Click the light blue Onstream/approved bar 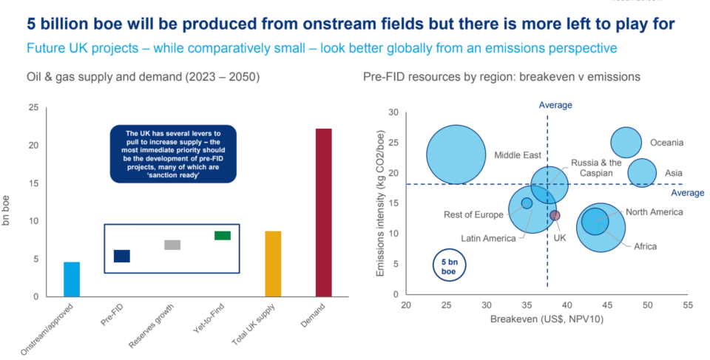pos(72,279)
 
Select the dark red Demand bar pos(324,213)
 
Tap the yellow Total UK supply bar pos(273,264)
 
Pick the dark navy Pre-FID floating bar pos(122,257)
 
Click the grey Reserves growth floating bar pos(172,245)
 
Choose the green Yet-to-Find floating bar pos(223,236)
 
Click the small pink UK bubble pos(555,216)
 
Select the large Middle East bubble pos(456,155)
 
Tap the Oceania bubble pos(626,143)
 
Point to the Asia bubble pos(642,172)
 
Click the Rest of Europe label pos(473,214)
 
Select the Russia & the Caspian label pos(596,168)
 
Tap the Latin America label pos(488,238)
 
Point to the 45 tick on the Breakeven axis pos(607,305)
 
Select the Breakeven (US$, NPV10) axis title pos(547,319)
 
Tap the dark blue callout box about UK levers pos(173,154)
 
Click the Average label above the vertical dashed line pos(555,105)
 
